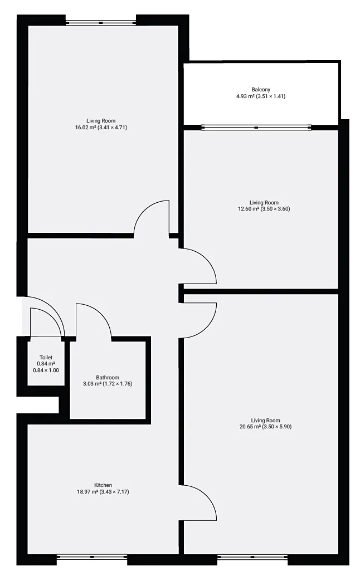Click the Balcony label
click(261, 90)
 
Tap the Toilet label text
click(46, 358)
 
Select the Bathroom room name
click(108, 378)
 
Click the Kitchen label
click(103, 485)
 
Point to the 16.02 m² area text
click(86, 128)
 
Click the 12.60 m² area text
click(249, 209)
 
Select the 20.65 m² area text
click(250, 427)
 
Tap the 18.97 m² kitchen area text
click(87, 492)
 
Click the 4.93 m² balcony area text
click(245, 96)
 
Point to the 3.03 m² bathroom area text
click(92, 384)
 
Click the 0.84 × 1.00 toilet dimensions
click(46, 370)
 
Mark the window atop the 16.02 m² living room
click(101, 23)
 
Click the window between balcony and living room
click(256, 128)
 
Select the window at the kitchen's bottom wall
click(92, 557)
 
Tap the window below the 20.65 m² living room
click(253, 557)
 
